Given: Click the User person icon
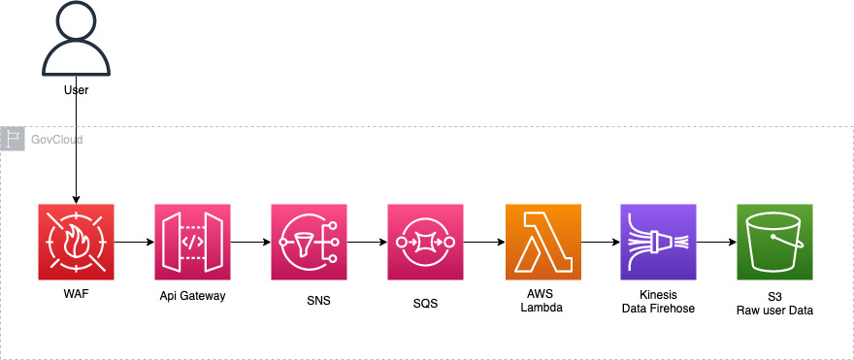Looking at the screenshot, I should pyautogui.click(x=76, y=40).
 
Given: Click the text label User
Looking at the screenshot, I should pyautogui.click(x=76, y=90).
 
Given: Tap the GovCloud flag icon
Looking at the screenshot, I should pyautogui.click(x=14, y=139).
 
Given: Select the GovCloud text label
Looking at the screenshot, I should pyautogui.click(x=57, y=140).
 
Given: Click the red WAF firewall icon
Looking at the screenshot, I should pyautogui.click(x=76, y=242).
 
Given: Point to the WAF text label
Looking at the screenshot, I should pyautogui.click(x=76, y=294).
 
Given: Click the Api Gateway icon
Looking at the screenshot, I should pyautogui.click(x=192, y=242).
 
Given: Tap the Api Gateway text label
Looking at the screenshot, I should pyautogui.click(x=192, y=295).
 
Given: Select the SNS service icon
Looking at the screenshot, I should pyautogui.click(x=309, y=242).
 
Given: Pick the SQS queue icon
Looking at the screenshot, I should pyautogui.click(x=425, y=242).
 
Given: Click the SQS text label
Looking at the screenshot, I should pyautogui.click(x=425, y=304).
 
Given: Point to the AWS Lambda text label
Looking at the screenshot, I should pyautogui.click(x=542, y=301).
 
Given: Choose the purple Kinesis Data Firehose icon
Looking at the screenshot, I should pyautogui.click(x=658, y=242).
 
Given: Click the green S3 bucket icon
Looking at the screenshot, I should pyautogui.click(x=774, y=242).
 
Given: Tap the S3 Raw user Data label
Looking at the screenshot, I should pyautogui.click(x=774, y=303).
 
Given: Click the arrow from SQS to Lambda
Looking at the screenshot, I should pyautogui.click(x=483, y=242).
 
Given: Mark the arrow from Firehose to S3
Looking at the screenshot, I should pyautogui.click(x=716, y=242).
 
